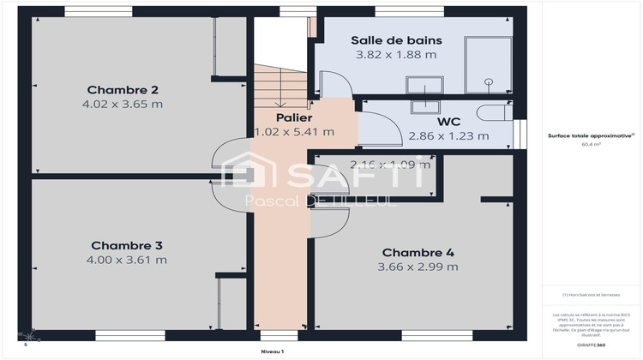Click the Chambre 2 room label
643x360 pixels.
(x=123, y=89)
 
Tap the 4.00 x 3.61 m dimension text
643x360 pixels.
(x=126, y=259)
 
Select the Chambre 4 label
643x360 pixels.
(x=418, y=252)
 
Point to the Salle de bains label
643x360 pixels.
(x=395, y=40)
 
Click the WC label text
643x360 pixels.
(x=449, y=122)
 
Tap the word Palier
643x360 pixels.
(x=293, y=117)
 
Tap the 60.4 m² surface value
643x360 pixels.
(x=591, y=145)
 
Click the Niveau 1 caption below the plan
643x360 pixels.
(x=273, y=351)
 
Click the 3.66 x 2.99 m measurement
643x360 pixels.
(x=418, y=267)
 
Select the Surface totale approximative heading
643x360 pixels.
(x=590, y=135)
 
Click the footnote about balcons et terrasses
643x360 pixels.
(x=591, y=294)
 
